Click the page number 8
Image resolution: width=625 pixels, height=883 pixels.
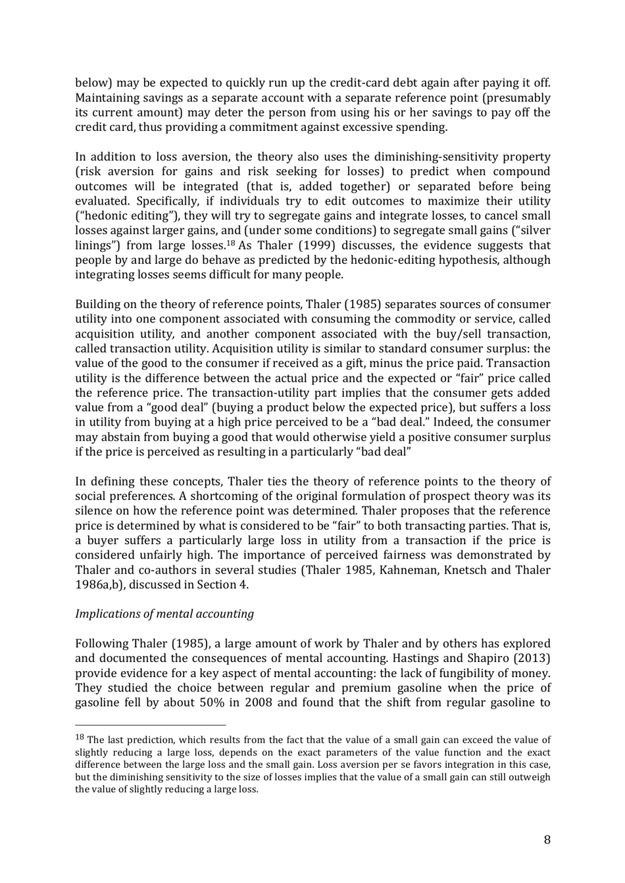pyautogui.click(x=547, y=839)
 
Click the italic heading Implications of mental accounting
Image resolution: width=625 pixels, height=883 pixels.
pyautogui.click(x=164, y=614)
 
